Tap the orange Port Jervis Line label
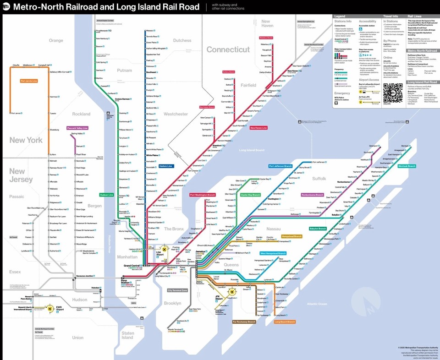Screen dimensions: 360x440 coord(29,81)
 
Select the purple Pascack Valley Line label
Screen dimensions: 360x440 coord(77,128)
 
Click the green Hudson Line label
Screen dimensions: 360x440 coord(107,195)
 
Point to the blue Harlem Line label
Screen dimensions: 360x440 coord(166,166)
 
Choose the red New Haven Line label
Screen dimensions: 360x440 coord(258,128)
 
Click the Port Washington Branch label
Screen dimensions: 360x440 coord(203,195)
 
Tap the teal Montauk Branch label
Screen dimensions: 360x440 coord(407,166)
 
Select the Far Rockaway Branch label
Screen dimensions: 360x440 coord(244,322)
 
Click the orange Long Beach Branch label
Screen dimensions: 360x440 coord(284,322)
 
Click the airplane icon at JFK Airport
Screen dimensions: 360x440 coord(231,292)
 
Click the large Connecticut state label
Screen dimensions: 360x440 coord(228,49)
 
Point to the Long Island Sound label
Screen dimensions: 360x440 coord(252,150)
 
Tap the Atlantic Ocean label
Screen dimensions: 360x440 coord(317,304)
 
